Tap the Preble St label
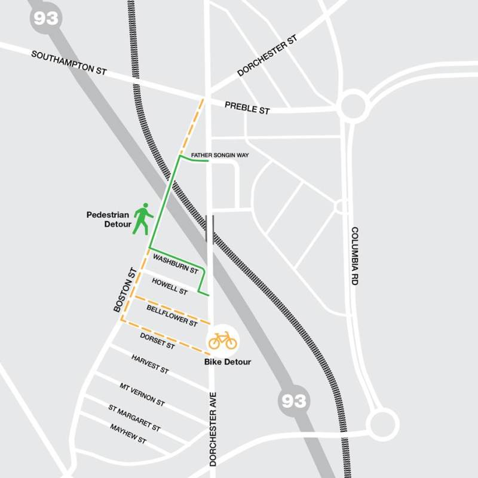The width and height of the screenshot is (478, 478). pos(247,108)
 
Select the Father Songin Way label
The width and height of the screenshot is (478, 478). pos(219,155)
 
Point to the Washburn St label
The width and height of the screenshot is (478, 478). pos(176,263)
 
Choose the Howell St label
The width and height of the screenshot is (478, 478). pos(170,285)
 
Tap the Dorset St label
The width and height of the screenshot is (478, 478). pos(157,341)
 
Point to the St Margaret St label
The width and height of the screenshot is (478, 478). pos(134,418)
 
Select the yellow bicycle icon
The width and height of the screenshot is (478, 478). pos(222,341)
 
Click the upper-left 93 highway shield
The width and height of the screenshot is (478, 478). pos(45,18)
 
